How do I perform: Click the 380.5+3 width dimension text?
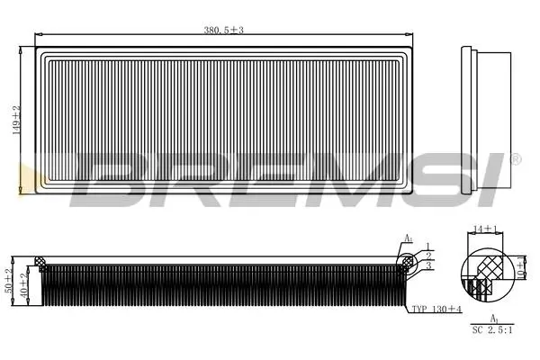pyautogui.click(x=223, y=31)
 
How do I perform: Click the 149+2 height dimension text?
pyautogui.click(x=16, y=121)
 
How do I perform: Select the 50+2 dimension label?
pyautogui.click(x=9, y=281)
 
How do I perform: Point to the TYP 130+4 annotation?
pyautogui.click(x=436, y=309)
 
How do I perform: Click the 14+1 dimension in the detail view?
pyautogui.click(x=485, y=229)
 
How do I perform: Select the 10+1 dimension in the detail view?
pyautogui.click(x=522, y=267)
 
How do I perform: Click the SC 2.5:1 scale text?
pyautogui.click(x=492, y=330)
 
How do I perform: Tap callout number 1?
pyautogui.click(x=428, y=246)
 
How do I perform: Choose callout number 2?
pyautogui.click(x=428, y=256)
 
